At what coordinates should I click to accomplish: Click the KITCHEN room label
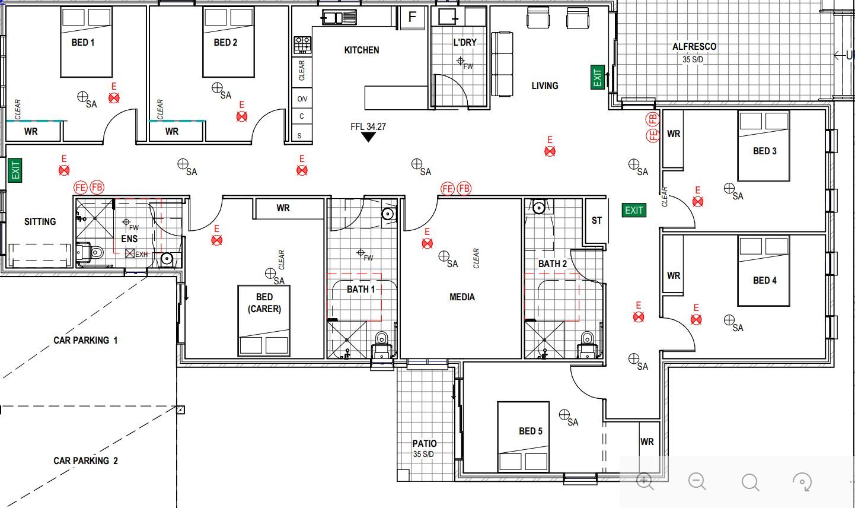pos(362,50)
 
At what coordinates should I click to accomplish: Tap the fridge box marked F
pos(412,18)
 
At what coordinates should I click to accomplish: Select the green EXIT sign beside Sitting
pos(15,170)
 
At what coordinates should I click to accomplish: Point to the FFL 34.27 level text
pos(368,126)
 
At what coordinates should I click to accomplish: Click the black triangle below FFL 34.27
pos(368,137)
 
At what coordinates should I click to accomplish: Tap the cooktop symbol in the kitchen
pos(302,45)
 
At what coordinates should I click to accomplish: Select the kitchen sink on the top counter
pos(339,18)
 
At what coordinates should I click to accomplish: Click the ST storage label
pos(596,220)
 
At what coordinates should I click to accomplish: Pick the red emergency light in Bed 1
pos(114,98)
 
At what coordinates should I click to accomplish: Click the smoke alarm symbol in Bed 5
pos(564,414)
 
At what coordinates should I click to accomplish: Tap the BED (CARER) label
pos(264,303)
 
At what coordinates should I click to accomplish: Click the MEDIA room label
pos(462,297)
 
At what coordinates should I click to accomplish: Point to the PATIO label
pos(425,443)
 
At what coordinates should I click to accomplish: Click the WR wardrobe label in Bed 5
pos(647,442)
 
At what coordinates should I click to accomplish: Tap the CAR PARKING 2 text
pos(85,461)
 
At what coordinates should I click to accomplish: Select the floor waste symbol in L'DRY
pos(460,61)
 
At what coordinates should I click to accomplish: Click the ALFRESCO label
pos(694,47)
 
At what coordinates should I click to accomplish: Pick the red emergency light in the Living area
pos(550,152)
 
